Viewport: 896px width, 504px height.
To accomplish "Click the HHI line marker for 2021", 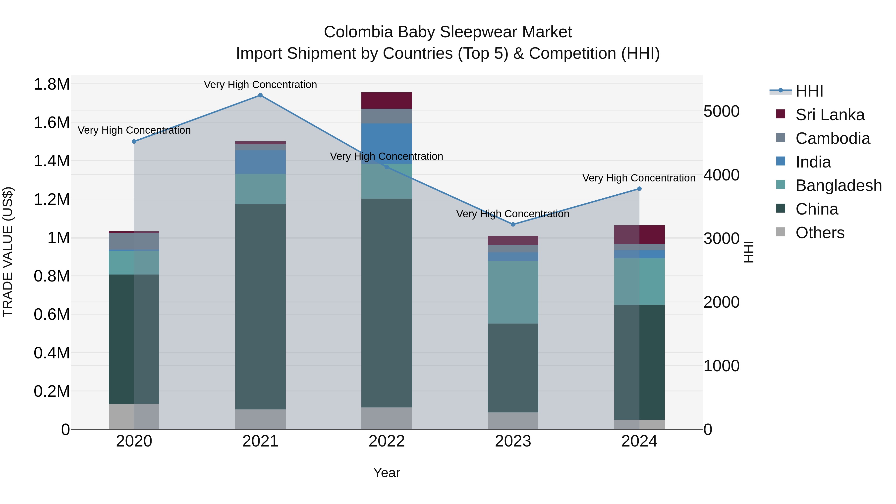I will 260,95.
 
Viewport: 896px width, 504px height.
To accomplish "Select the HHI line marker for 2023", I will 513,224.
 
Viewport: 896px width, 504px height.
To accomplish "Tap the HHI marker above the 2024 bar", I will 639,189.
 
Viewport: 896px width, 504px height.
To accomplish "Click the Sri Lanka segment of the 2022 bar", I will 387,101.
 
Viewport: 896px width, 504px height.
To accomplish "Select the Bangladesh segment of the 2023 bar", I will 513,292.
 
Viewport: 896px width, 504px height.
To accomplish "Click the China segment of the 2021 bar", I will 260,306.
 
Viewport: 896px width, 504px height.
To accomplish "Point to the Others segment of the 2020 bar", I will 134,416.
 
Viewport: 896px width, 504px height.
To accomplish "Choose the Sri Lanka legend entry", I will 830,115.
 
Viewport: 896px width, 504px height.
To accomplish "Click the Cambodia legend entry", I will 832,138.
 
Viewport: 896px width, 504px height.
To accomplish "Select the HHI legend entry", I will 809,91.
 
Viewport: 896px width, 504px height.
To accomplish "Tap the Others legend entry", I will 820,233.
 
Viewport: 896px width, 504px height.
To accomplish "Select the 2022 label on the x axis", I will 387,441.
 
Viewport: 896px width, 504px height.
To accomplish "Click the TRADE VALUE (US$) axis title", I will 8,252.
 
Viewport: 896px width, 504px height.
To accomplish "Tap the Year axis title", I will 387,473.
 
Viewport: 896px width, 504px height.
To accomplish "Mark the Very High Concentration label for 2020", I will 134,130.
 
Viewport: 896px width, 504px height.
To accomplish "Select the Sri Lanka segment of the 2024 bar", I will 639,234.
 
